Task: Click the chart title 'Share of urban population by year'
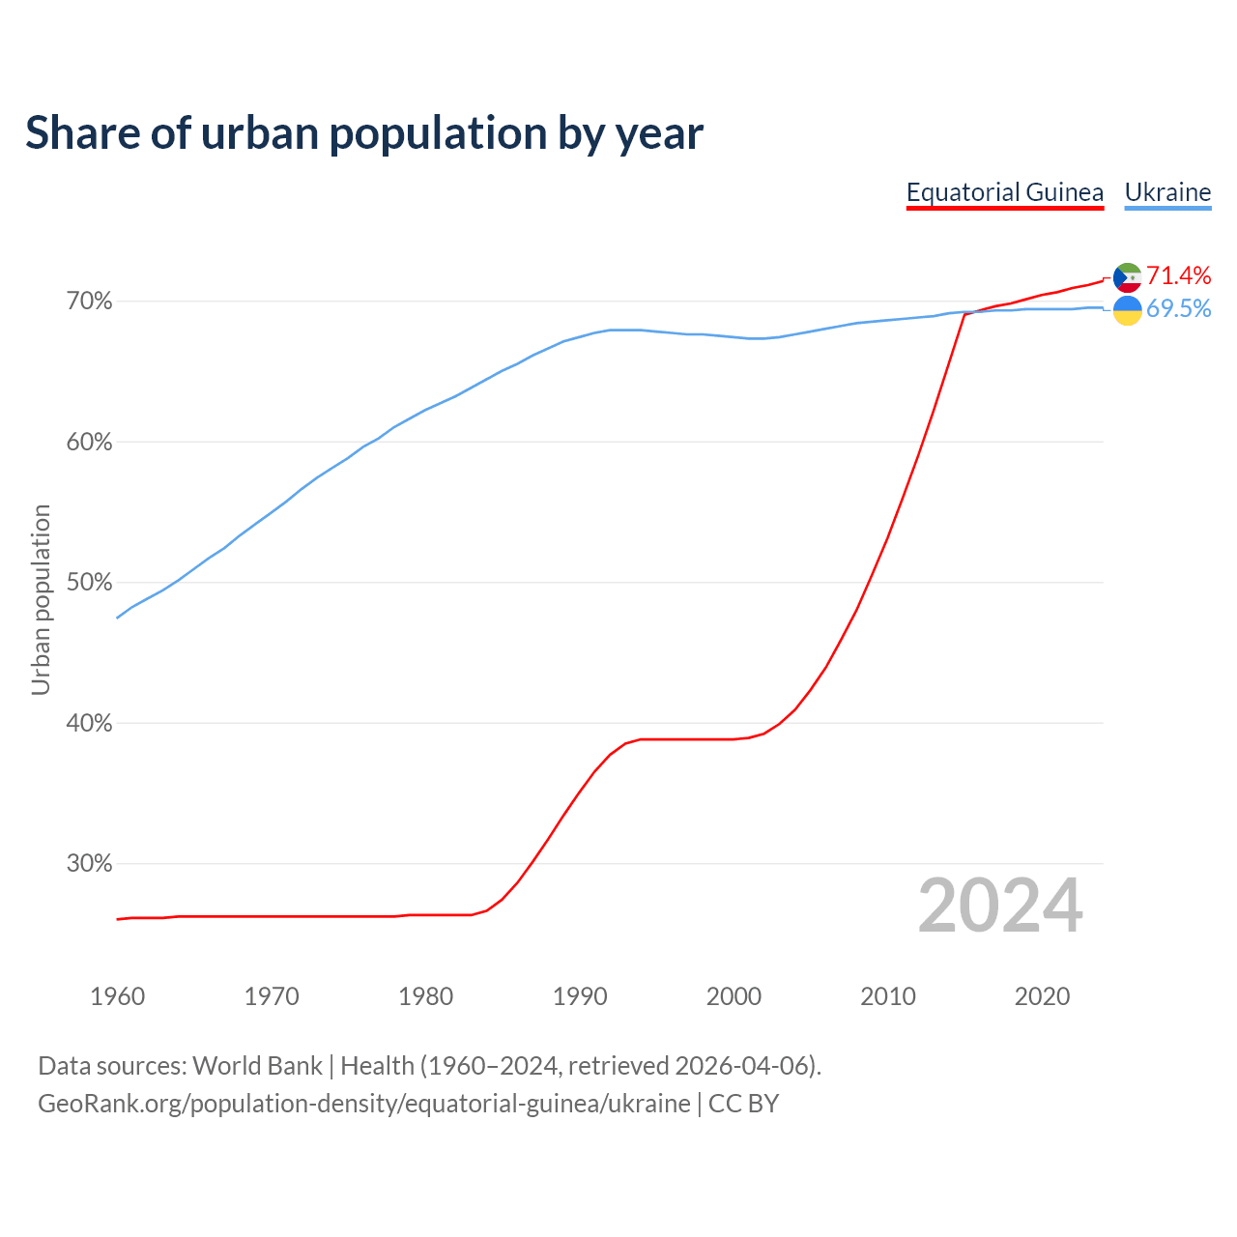364,133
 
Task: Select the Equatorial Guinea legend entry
1004,192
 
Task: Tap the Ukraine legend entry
1167,192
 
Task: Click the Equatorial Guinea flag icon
1128,277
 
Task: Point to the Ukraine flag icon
1128,310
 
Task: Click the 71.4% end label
1178,275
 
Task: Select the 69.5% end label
1178,308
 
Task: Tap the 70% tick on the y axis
89,302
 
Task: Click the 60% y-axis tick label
89,443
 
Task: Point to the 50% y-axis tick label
89,583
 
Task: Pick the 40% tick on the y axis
89,723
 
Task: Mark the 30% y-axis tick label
89,864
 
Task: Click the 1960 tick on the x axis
118,996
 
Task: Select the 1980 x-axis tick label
426,996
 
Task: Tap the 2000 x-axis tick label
734,996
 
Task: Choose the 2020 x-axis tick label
1042,996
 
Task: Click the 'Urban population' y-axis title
41,599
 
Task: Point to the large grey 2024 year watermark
1000,906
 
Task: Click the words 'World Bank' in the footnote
257,1066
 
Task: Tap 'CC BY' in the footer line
743,1104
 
